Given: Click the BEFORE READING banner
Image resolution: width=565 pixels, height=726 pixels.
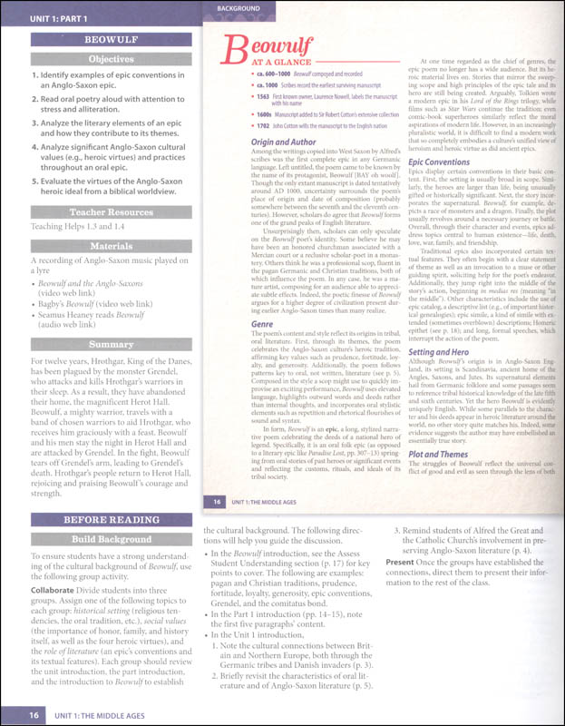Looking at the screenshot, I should click(100, 520).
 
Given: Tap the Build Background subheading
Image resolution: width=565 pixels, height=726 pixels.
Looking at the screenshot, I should click(100, 541).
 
